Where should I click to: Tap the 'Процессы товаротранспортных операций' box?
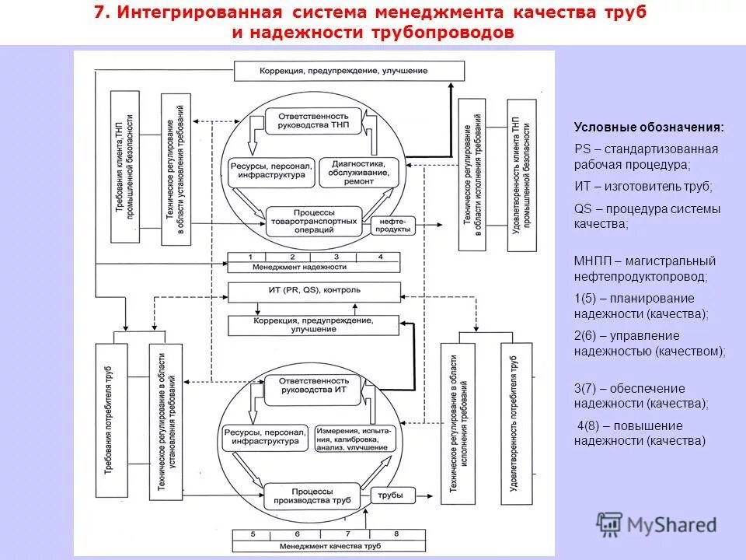point(314,219)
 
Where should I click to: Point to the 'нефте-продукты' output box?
point(394,225)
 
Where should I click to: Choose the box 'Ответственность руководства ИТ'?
point(314,390)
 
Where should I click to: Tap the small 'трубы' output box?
point(390,495)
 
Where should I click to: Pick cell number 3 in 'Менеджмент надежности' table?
point(336,257)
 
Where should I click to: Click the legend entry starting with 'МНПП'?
point(645,268)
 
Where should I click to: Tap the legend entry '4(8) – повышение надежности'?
point(640,433)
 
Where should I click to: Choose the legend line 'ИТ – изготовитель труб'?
point(643,187)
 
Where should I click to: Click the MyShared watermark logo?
point(657,523)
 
